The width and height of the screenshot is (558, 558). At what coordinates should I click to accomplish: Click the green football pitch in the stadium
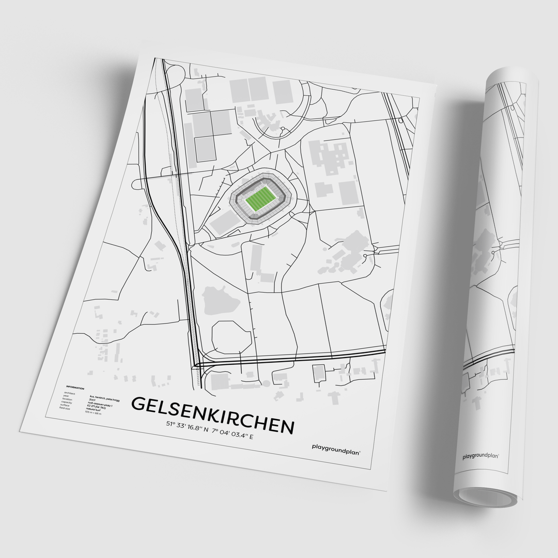(x=260, y=198)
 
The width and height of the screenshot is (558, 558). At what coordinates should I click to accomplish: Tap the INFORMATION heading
(x=75, y=388)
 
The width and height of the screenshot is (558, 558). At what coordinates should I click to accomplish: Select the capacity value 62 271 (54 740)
(x=96, y=407)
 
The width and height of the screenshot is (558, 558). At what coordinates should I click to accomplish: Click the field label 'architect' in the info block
(x=69, y=393)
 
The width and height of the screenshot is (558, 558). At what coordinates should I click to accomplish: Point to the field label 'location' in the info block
(x=67, y=399)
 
